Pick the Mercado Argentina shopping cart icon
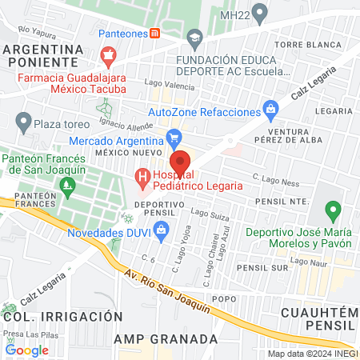click(174, 138)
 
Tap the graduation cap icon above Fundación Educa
click(194, 37)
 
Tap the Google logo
click(26, 350)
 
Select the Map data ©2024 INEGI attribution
click(312, 354)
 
